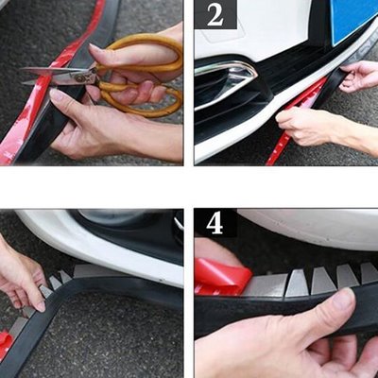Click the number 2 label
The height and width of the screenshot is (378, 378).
[x=215, y=15]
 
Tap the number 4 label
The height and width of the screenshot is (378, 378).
[x=215, y=224]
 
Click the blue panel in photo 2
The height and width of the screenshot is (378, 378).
[x=352, y=19]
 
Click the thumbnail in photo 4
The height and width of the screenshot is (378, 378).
[x=343, y=300]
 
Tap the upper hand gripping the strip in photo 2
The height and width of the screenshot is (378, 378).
[x=359, y=77]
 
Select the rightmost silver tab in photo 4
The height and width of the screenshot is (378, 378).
[x=369, y=273]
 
